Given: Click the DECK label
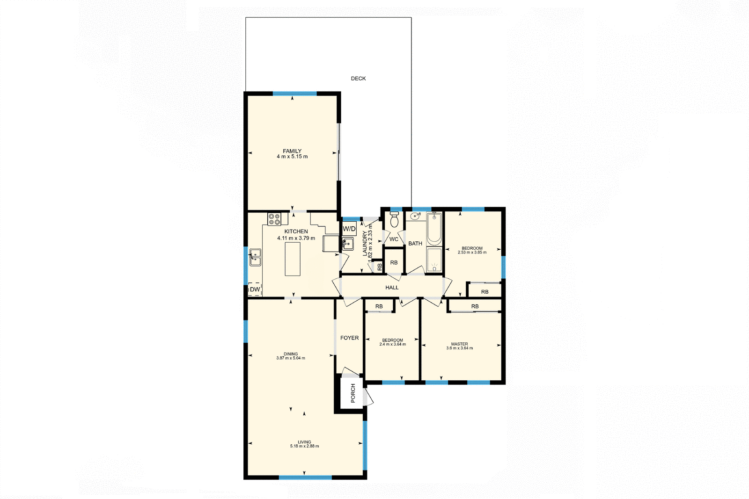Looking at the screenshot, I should click(358, 79).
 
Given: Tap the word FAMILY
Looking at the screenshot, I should click(292, 151).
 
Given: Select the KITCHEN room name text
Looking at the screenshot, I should click(296, 231).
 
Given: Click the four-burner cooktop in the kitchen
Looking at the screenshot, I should click(274, 219).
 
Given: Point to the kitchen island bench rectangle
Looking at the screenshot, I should click(293, 259).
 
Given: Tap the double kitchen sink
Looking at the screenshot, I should click(255, 257).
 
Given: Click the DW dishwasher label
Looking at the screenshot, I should click(255, 289).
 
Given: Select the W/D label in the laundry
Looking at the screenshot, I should click(349, 229).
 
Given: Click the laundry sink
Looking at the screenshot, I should click(347, 244).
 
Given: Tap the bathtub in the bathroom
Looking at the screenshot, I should click(434, 228).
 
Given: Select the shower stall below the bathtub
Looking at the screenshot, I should click(434, 260).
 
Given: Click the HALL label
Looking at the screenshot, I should click(392, 288).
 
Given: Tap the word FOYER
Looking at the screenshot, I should click(349, 338).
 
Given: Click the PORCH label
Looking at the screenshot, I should click(353, 393).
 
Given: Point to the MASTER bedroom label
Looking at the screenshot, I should click(459, 344).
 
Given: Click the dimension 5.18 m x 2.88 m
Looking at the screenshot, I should click(304, 446).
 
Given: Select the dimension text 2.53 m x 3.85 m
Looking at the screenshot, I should click(472, 253).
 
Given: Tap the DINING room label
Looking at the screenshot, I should click(290, 354).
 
